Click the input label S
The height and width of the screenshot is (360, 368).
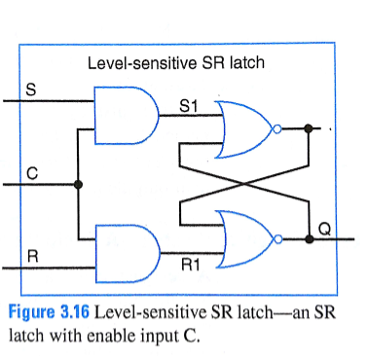(x=31, y=89)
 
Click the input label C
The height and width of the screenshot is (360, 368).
(x=31, y=173)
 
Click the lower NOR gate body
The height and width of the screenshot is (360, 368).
(x=245, y=234)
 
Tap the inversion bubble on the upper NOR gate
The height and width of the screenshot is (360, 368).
(x=278, y=126)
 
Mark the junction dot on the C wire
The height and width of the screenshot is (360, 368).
(x=78, y=183)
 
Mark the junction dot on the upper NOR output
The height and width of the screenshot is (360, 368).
(x=308, y=126)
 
